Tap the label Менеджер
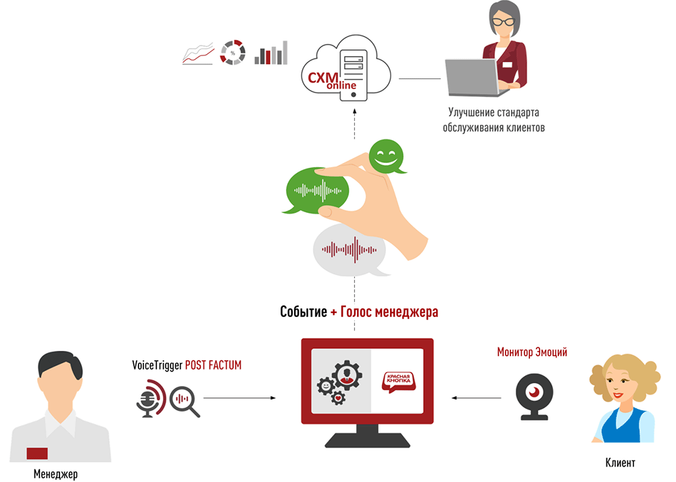(x=55, y=474)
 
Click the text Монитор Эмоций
(x=532, y=352)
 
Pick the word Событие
(x=304, y=312)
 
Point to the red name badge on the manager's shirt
(x=37, y=453)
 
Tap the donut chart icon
(x=232, y=53)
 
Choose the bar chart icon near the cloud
(x=270, y=53)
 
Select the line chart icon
(x=197, y=53)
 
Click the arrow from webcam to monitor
(x=477, y=397)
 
